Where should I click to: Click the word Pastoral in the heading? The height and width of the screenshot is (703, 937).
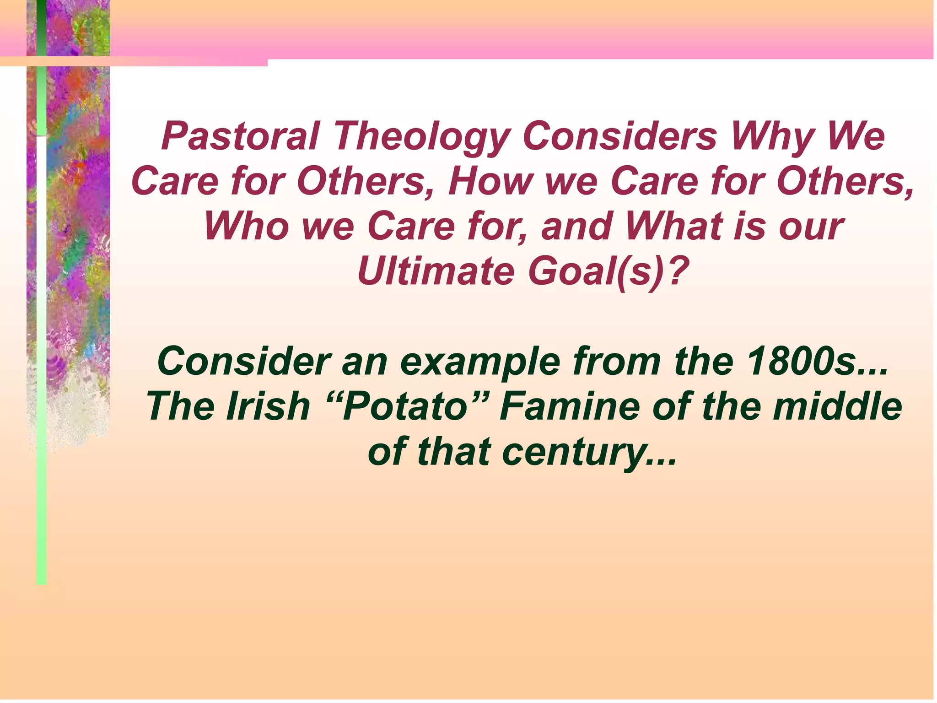pos(240,136)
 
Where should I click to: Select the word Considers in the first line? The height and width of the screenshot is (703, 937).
pos(619,136)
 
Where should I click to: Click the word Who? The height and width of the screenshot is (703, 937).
pos(247,227)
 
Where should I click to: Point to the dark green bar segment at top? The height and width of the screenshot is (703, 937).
pos(41,27)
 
